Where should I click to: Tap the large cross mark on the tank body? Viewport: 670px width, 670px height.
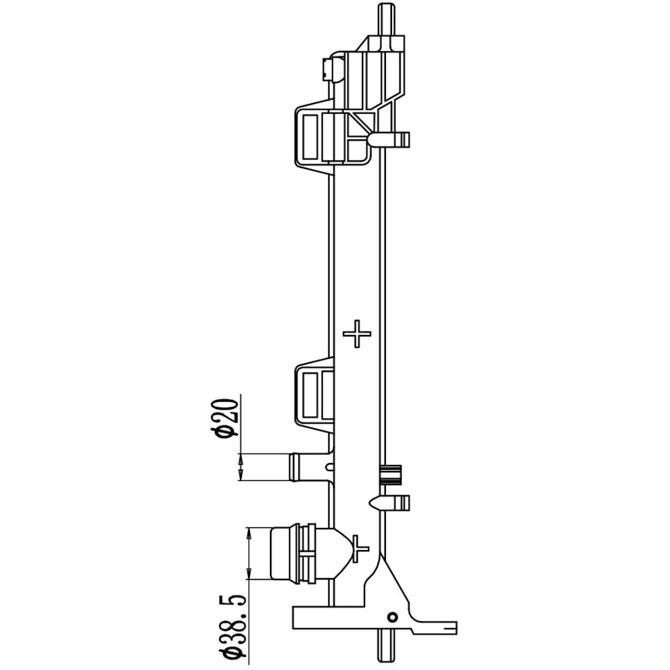(357, 333)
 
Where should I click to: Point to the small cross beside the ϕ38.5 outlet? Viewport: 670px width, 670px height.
(360, 548)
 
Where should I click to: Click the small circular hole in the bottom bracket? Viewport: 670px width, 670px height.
(392, 617)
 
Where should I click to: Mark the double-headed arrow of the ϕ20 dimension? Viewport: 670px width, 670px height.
(241, 467)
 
